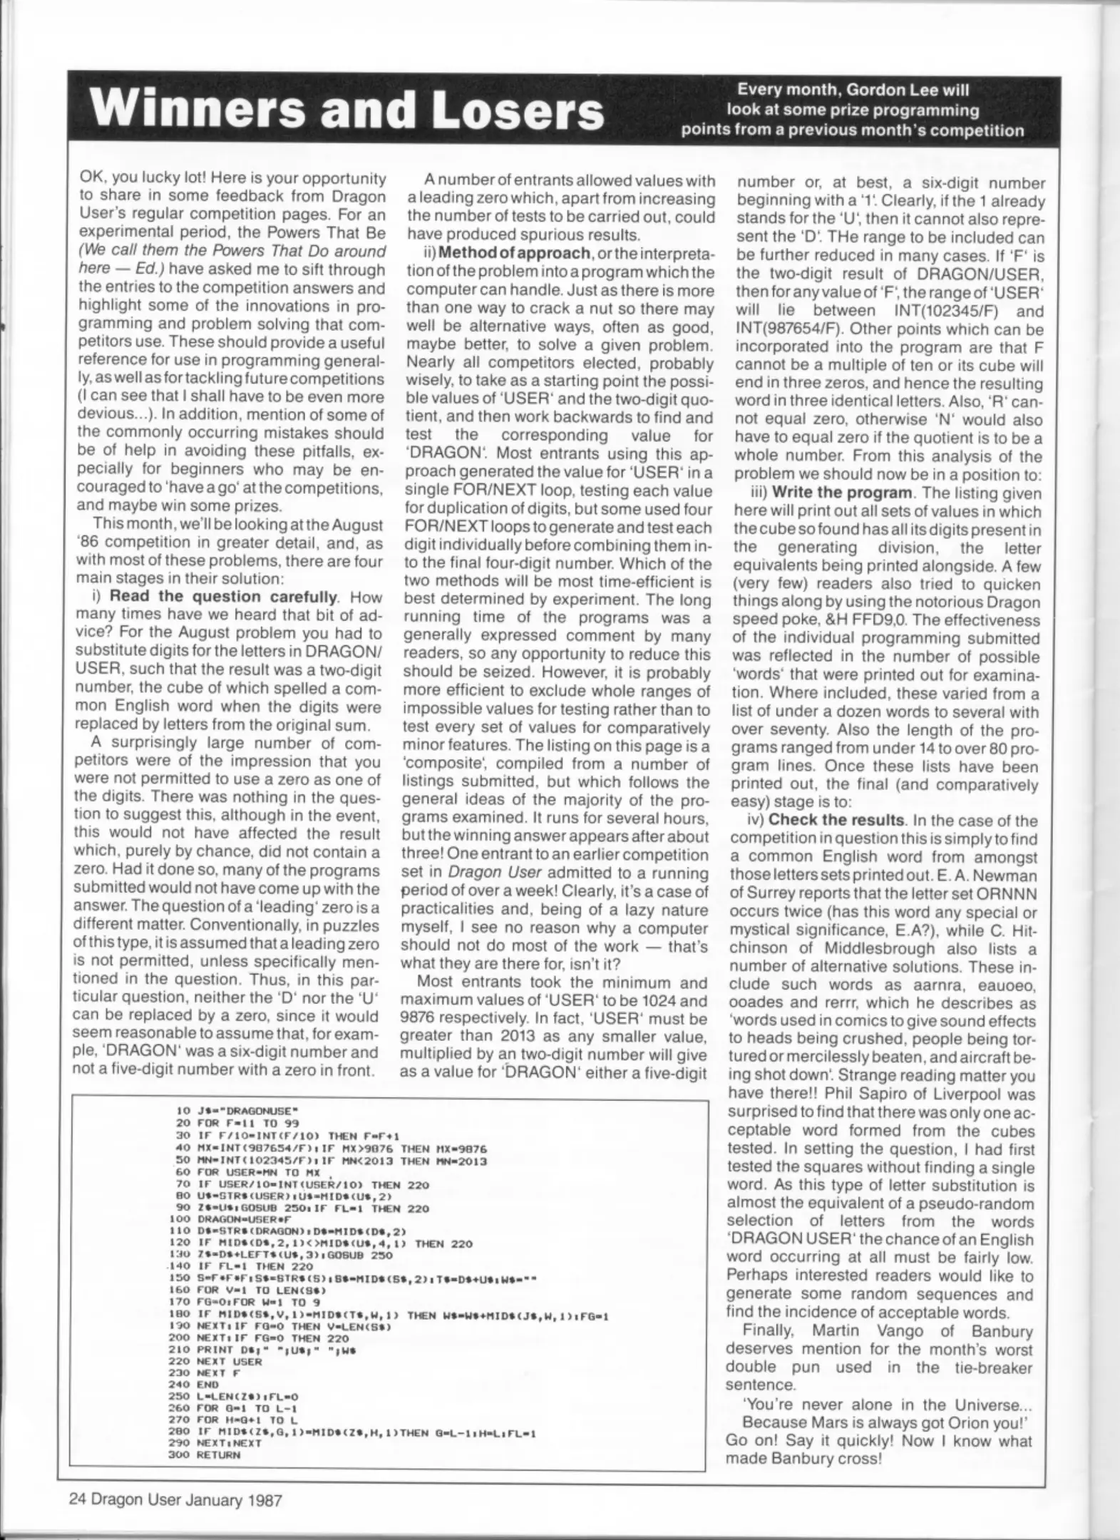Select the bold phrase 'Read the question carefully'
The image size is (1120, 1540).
[222, 597]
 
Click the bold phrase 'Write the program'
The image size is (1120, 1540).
[842, 493]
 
